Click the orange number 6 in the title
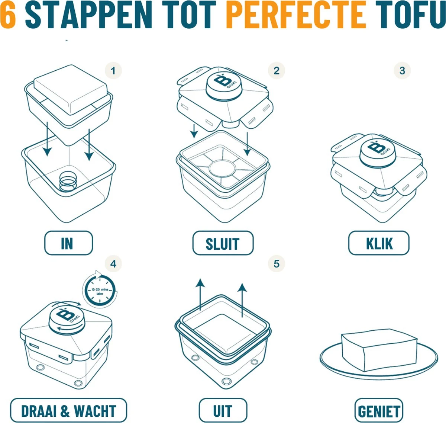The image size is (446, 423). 8,15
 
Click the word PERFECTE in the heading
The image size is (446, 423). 296,15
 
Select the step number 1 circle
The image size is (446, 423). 113,71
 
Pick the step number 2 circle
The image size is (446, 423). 276,71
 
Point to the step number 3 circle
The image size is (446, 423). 402,71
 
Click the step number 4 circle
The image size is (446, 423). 113,264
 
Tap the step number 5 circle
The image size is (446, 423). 276,264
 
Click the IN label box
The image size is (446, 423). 68,243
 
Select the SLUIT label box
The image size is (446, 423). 223,243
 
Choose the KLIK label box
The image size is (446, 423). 378,243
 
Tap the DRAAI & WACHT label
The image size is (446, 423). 68,411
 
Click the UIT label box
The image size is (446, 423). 223,411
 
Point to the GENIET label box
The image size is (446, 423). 378,411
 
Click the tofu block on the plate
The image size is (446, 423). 378,350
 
